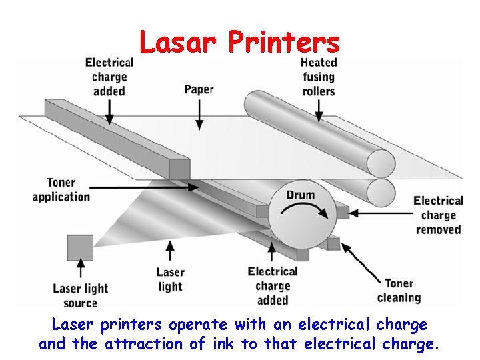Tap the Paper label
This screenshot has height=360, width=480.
[199, 89]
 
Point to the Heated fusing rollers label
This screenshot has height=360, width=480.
[319, 77]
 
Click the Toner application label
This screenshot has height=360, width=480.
[61, 189]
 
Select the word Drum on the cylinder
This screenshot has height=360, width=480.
[301, 195]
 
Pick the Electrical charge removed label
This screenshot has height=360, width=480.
[438, 215]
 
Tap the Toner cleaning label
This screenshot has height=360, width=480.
[399, 291]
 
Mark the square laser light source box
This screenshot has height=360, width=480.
[80, 247]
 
